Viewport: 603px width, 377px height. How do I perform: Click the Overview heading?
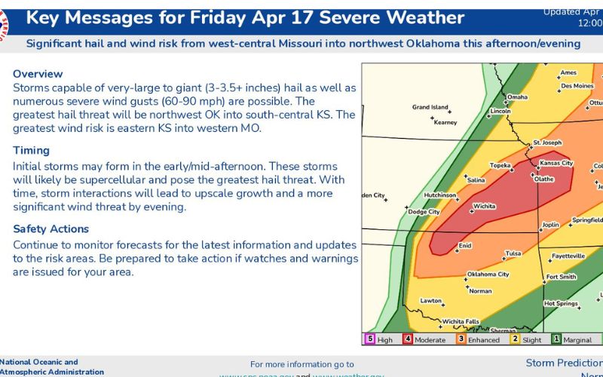coord(38,74)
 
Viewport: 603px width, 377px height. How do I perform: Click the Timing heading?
coord(31,151)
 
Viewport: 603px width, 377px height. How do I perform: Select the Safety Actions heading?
coord(51,229)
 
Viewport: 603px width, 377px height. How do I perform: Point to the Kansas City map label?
coord(557,163)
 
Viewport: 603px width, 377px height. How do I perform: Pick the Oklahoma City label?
coord(488,274)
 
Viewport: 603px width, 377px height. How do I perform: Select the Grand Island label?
coord(430,107)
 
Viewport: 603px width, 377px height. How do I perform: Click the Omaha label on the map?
coord(516,97)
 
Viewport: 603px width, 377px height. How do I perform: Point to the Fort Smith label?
coord(562,277)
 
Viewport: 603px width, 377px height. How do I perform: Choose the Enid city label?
coord(465,245)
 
